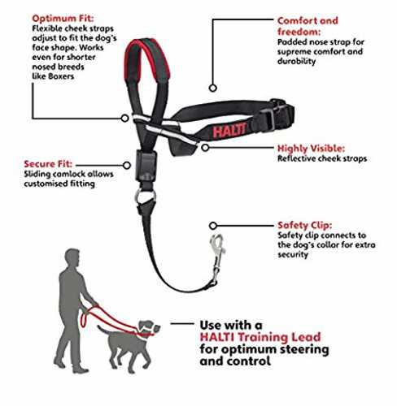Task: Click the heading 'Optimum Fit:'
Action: click(63, 19)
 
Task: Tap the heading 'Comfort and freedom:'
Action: click(308, 26)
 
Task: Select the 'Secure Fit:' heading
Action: click(48, 164)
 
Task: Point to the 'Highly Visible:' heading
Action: click(311, 149)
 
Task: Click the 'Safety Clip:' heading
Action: click(304, 225)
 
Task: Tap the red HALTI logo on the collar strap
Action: click(229, 130)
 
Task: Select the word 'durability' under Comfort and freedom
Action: click(296, 61)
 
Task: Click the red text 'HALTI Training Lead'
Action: click(260, 337)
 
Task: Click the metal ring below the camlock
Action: click(146, 197)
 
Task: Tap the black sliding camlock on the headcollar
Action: click(146, 165)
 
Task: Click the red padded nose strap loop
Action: click(146, 59)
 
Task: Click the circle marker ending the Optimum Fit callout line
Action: click(124, 119)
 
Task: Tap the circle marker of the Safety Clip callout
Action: click(213, 226)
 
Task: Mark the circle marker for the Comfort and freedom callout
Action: click(213, 88)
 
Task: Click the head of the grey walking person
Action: click(72, 258)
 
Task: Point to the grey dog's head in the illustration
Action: click(149, 327)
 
